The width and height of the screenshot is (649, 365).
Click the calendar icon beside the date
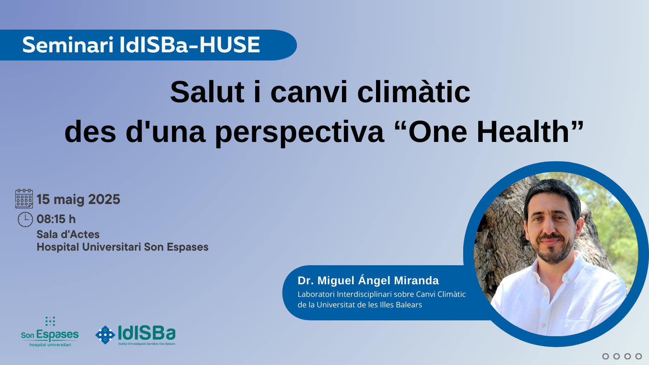click(24, 199)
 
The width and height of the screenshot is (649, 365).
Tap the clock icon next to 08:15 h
click(25, 219)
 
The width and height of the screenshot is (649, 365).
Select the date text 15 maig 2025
click(78, 199)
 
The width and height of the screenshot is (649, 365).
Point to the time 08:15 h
click(56, 219)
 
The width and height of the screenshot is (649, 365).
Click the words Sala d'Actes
click(68, 234)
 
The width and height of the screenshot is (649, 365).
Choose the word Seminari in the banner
click(67, 45)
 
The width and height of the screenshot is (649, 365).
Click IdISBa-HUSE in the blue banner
click(190, 45)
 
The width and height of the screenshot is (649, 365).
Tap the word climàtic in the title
click(414, 92)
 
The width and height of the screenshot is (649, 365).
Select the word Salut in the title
click(207, 92)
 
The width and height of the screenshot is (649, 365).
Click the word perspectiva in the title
click(300, 132)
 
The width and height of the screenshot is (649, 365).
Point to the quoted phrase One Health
click(489, 132)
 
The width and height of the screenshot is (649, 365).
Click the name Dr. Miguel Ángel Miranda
click(368, 280)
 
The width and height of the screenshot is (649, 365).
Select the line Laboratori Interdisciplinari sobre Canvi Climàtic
click(382, 294)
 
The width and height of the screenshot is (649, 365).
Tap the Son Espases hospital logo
click(50, 332)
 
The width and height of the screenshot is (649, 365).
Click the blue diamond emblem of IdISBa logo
click(105, 335)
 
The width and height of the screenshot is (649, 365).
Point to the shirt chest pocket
click(576, 324)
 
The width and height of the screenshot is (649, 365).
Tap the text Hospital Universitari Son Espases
click(122, 247)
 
